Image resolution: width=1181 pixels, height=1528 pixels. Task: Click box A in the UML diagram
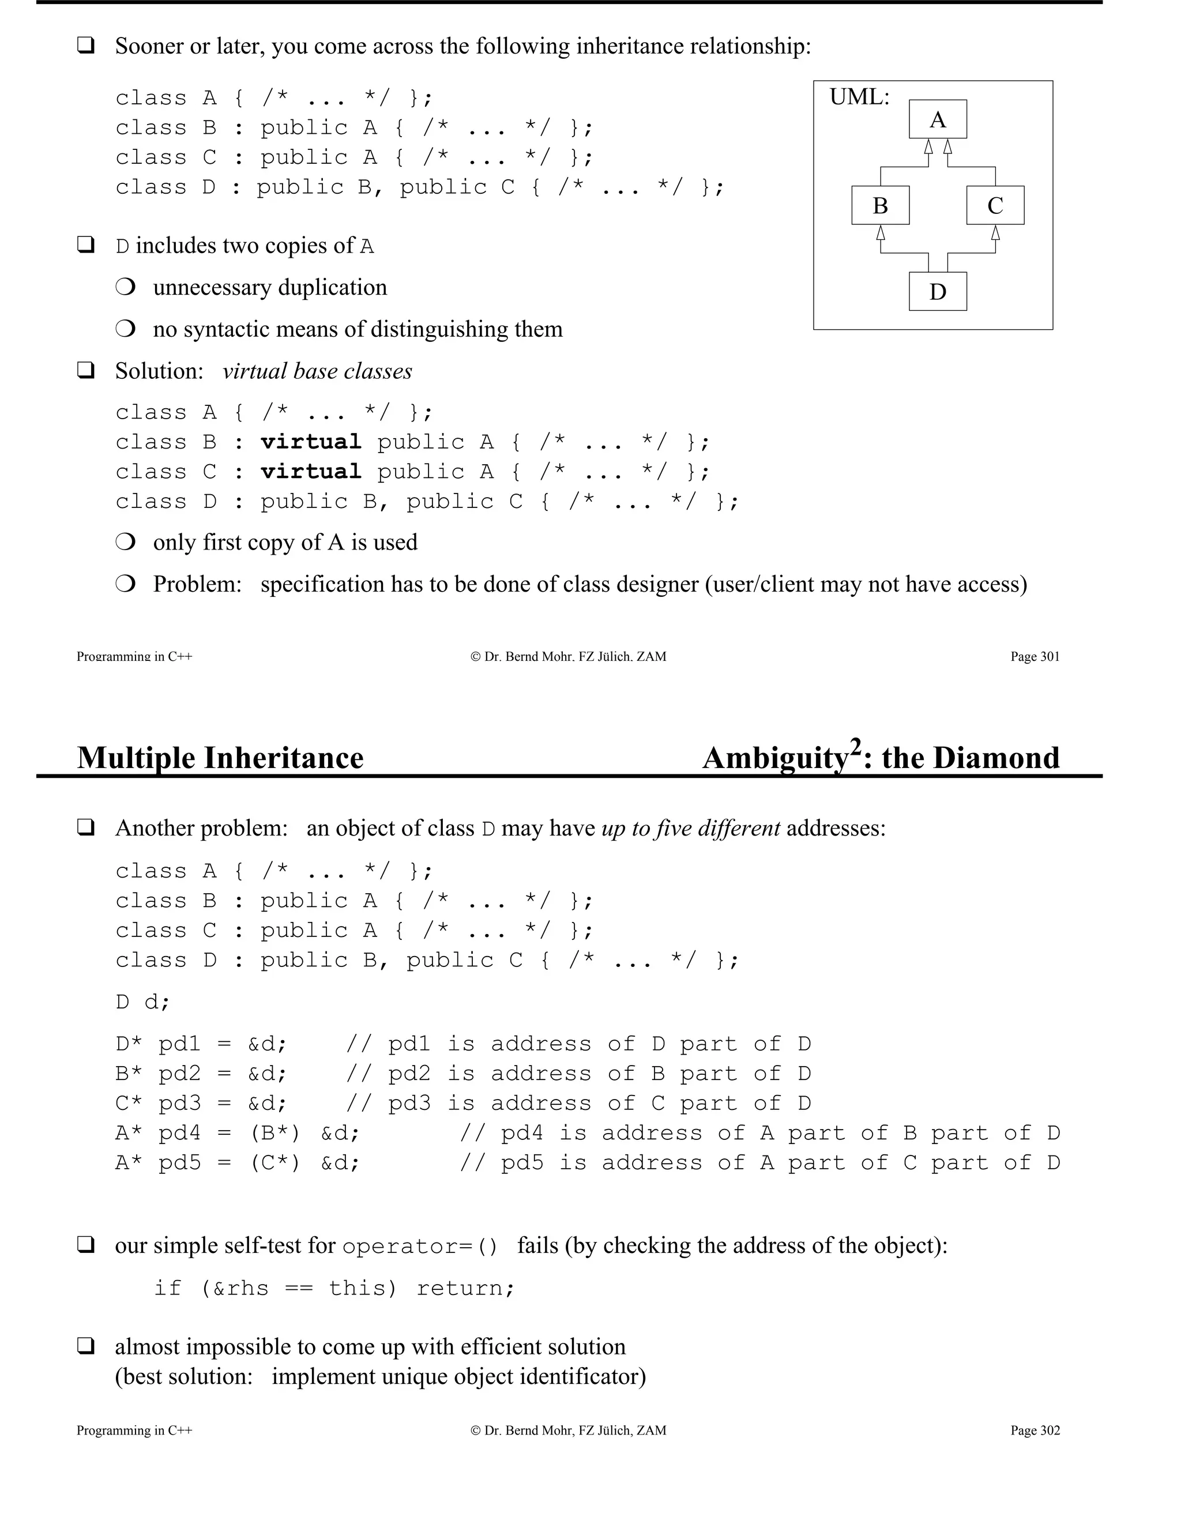pos(938,119)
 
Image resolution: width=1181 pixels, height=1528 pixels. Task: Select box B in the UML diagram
pos(880,206)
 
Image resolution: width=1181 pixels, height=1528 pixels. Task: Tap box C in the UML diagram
pos(995,206)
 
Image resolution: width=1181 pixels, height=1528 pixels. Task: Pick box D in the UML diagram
pos(938,292)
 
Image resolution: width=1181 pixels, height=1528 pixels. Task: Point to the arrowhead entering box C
pos(995,232)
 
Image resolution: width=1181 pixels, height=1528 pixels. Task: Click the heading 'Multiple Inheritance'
pos(220,758)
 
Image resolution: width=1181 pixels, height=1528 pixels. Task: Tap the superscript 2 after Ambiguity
pos(855,747)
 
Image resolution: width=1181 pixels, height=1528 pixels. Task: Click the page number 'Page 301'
pos(1035,656)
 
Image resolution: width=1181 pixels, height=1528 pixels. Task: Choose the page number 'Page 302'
pos(1035,1430)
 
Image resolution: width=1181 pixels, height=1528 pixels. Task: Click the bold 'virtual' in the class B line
pos(311,442)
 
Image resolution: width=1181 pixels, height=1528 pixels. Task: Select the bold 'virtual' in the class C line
pos(311,472)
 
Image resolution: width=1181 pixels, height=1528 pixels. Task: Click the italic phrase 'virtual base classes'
pos(317,371)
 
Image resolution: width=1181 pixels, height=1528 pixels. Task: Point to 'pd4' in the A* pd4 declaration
pos(180,1134)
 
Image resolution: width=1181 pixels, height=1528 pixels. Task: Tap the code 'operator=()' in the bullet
pos(420,1246)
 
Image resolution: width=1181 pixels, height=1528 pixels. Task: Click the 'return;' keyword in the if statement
pos(466,1288)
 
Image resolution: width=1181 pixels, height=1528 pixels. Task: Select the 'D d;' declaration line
pos(143,1002)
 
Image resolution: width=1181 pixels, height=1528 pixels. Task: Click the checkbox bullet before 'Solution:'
pos(85,370)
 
